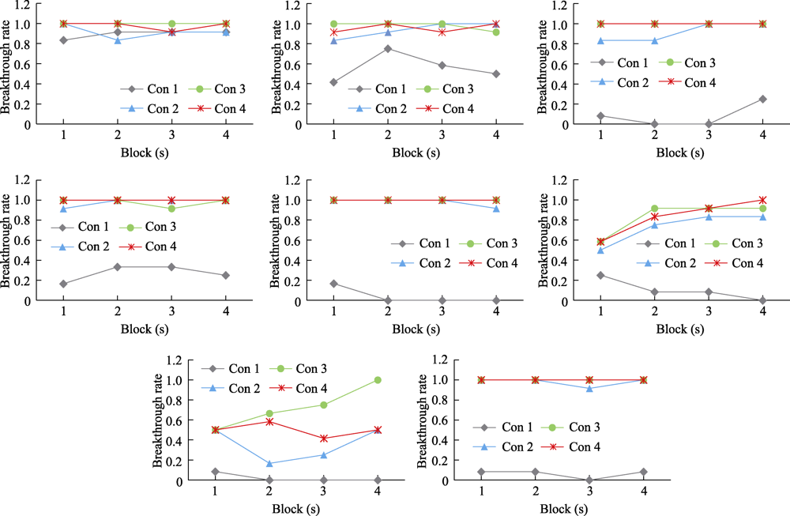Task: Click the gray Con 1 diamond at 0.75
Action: (x=387, y=48)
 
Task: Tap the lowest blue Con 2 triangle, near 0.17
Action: (x=269, y=464)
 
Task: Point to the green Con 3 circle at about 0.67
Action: (x=269, y=413)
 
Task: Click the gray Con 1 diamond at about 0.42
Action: (x=333, y=82)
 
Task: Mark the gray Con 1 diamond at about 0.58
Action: (x=442, y=66)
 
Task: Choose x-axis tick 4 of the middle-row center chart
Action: (x=496, y=313)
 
